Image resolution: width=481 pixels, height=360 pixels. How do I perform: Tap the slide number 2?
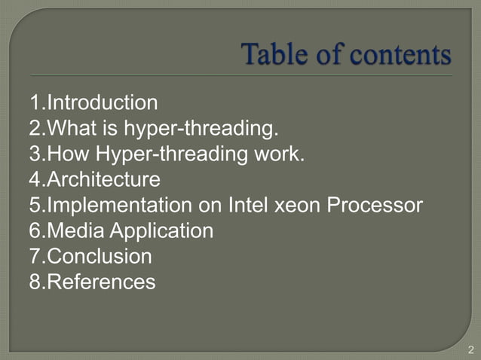471,349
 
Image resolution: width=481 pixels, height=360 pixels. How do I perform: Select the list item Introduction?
102,102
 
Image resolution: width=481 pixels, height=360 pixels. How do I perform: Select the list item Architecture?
103,180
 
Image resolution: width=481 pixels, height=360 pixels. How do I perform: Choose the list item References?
101,282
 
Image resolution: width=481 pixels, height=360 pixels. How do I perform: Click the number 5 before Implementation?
35,206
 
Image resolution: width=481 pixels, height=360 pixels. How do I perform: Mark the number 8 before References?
35,282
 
